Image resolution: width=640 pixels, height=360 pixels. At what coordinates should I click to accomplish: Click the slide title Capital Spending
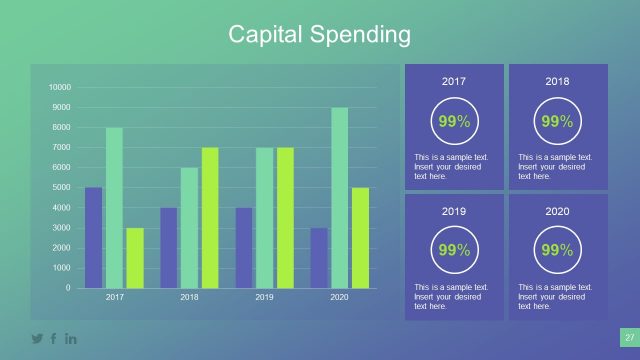319,35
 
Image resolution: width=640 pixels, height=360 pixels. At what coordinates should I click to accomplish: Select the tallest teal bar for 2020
340,198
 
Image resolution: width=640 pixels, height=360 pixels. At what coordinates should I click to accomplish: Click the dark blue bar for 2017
93,238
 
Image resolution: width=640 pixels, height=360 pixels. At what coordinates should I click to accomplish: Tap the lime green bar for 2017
134,258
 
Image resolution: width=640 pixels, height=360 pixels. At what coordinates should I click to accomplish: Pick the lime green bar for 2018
209,218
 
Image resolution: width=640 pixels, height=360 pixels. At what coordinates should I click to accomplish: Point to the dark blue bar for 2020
318,258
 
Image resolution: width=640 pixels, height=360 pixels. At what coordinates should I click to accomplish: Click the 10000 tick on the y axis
60,87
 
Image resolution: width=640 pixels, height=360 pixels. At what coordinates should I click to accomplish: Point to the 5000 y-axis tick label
62,188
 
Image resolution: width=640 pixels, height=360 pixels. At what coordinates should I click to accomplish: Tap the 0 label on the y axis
68,288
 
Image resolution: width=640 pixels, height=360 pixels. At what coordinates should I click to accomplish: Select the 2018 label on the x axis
189,298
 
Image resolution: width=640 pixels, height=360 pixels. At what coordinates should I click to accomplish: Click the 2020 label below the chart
340,298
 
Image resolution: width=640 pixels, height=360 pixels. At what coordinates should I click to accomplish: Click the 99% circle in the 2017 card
453,122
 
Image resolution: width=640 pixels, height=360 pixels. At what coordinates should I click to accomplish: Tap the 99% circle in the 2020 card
557,251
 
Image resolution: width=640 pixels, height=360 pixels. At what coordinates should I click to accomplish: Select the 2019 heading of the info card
453,212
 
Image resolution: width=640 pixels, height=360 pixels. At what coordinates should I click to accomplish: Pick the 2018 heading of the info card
557,81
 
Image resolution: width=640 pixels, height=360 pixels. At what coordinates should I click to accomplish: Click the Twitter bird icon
37,339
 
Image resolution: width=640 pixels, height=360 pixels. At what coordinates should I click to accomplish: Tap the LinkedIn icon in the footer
71,339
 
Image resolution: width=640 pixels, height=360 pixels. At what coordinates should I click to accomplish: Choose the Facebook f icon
54,339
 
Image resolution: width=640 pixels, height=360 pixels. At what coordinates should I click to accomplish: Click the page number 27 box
629,338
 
